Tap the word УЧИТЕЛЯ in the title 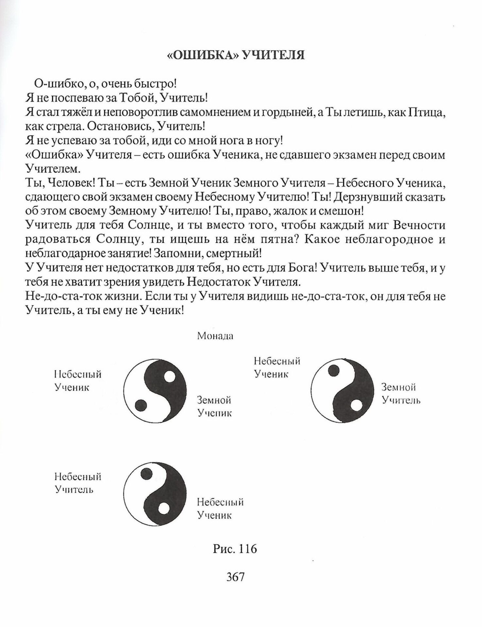[x=273, y=56]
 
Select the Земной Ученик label [x=214, y=406]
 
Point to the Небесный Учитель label [x=78, y=483]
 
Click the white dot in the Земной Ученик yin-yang [x=170, y=377]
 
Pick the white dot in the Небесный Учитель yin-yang [x=163, y=509]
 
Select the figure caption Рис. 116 [x=235, y=549]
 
